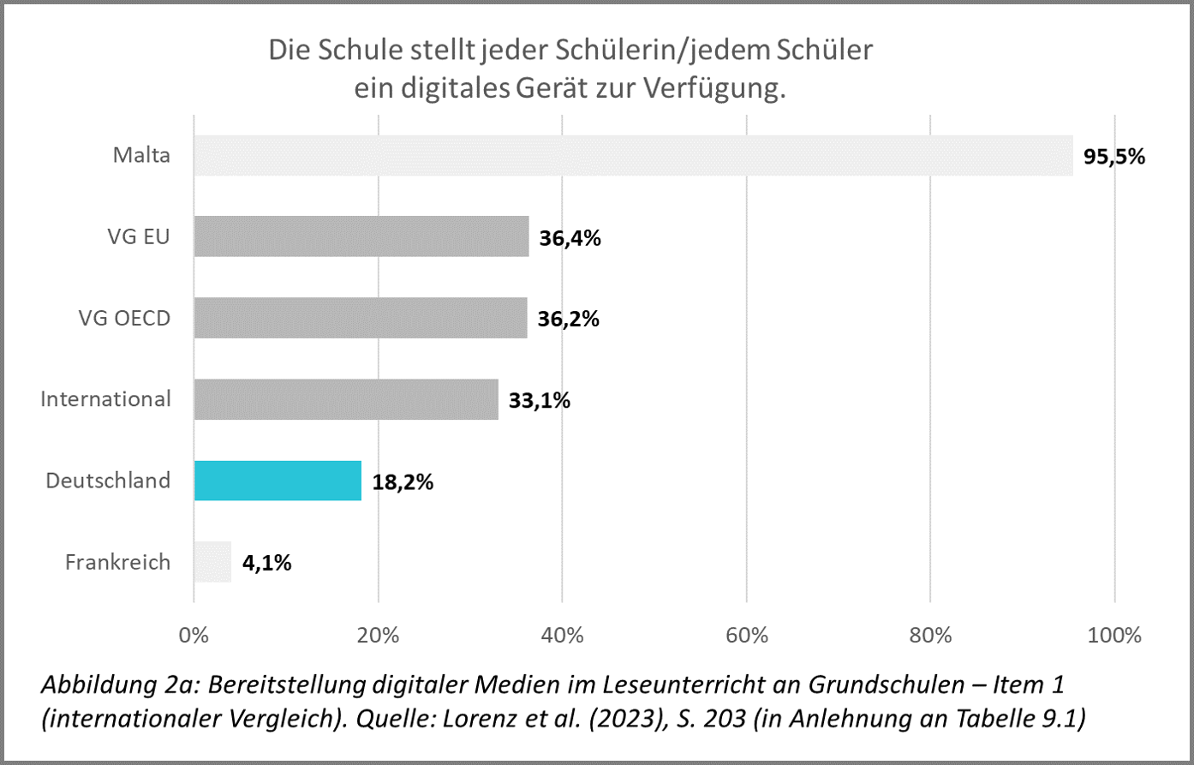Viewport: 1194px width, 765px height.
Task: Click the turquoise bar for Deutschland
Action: pyautogui.click(x=278, y=481)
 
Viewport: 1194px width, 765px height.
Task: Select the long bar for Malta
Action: pyautogui.click(x=633, y=156)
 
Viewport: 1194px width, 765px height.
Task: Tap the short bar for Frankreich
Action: pyautogui.click(x=212, y=562)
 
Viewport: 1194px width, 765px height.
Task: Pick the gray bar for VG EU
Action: pyautogui.click(x=361, y=236)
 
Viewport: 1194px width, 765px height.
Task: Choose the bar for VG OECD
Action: pyautogui.click(x=360, y=318)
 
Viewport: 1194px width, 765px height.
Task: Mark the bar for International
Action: pyautogui.click(x=346, y=399)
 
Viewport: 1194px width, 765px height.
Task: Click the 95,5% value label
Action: pyautogui.click(x=1114, y=157)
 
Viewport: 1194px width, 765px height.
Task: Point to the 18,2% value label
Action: pyautogui.click(x=403, y=482)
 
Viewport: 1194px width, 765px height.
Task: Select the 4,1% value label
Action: pyautogui.click(x=266, y=563)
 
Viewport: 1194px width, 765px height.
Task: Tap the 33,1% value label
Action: pyautogui.click(x=540, y=400)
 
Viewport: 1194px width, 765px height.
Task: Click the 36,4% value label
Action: pyautogui.click(x=570, y=238)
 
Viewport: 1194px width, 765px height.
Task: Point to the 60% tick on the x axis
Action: pyautogui.click(x=746, y=636)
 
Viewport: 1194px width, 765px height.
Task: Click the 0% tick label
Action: pyautogui.click(x=194, y=636)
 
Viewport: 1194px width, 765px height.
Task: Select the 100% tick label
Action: pyautogui.click(x=1114, y=636)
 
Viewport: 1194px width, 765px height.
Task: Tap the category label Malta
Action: pyautogui.click(x=141, y=156)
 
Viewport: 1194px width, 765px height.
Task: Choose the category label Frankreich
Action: pyautogui.click(x=117, y=562)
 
